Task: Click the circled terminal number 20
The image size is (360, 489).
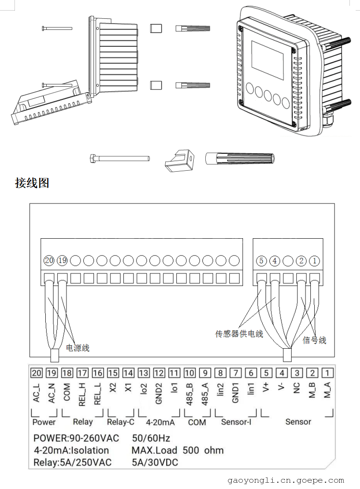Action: pyautogui.click(x=49, y=260)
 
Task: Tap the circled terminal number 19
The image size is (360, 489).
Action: pyautogui.click(x=62, y=260)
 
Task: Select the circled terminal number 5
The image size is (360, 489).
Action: pyautogui.click(x=261, y=261)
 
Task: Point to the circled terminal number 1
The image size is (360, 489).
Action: pyautogui.click(x=314, y=261)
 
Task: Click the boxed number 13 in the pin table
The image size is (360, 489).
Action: pyautogui.click(x=144, y=373)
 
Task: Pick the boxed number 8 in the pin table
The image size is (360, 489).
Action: pyautogui.click(x=220, y=373)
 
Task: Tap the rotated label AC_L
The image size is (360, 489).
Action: pyautogui.click(x=36, y=393)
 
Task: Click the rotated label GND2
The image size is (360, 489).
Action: pyautogui.click(x=159, y=394)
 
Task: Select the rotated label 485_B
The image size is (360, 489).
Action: pyautogui.click(x=189, y=394)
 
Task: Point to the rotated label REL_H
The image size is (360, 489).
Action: pyautogui.click(x=82, y=394)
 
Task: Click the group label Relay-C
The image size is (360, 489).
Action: pyautogui.click(x=120, y=422)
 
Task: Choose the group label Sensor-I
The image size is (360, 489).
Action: pyautogui.click(x=236, y=422)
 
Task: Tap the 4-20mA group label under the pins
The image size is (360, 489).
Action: pyautogui.click(x=160, y=422)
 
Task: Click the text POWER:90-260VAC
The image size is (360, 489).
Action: pyautogui.click(x=76, y=438)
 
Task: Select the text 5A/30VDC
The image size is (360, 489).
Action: pyautogui.click(x=155, y=462)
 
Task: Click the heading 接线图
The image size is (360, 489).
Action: pyautogui.click(x=32, y=183)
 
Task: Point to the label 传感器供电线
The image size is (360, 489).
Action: pyautogui.click(x=239, y=334)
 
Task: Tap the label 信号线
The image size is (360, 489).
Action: pyautogui.click(x=314, y=340)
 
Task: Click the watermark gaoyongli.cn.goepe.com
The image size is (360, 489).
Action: pyautogui.click(x=285, y=481)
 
